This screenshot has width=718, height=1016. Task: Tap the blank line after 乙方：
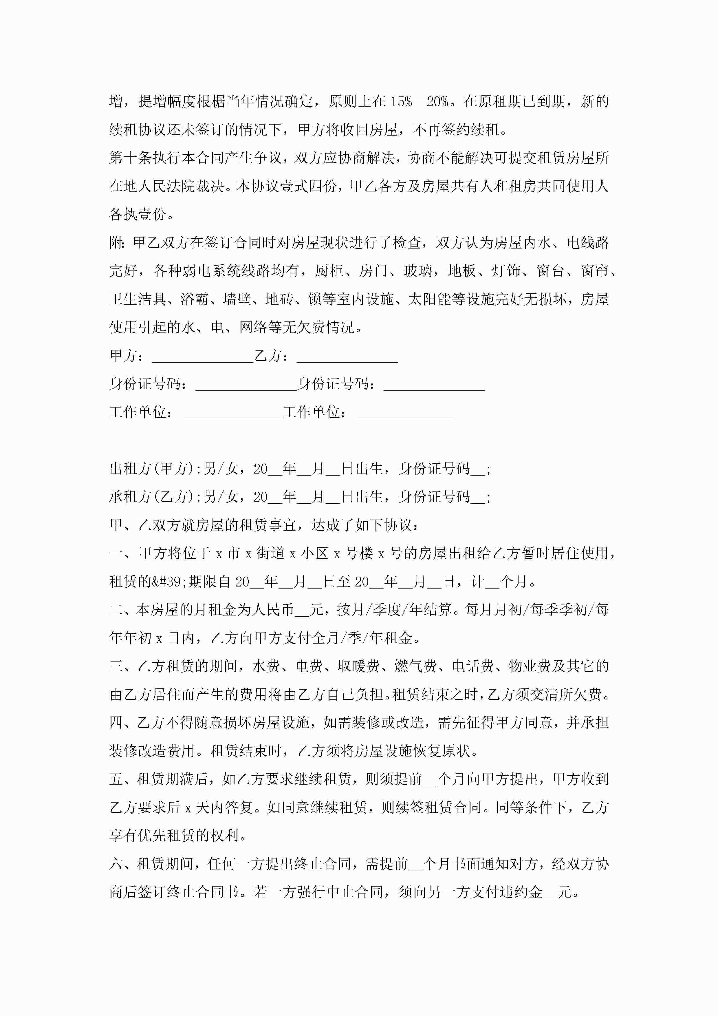(x=347, y=357)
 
